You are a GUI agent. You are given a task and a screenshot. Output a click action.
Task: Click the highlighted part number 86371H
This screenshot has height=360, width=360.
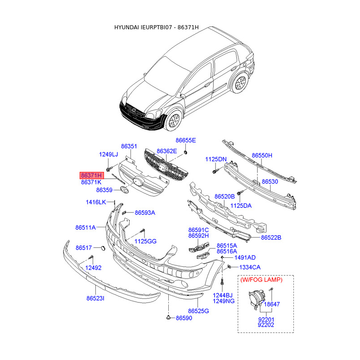click(x=92, y=175)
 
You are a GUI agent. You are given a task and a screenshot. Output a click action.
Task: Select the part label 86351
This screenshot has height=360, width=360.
click(x=129, y=147)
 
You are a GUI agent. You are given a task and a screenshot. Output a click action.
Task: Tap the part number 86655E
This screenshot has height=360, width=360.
click(x=186, y=140)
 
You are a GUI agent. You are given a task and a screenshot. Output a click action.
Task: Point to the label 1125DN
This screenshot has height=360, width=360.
click(x=216, y=159)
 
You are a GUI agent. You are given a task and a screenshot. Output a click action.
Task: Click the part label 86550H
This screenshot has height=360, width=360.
click(x=262, y=156)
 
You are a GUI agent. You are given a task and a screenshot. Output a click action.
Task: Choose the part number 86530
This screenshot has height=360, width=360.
click(x=270, y=181)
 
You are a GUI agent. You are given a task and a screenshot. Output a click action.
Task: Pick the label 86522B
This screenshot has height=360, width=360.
click(x=271, y=237)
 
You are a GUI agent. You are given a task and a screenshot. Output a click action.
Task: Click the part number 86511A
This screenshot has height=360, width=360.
click(x=85, y=228)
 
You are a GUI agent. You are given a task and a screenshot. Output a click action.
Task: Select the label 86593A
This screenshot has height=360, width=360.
click(x=145, y=213)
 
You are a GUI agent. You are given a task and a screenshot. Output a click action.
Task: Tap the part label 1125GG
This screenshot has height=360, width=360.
click(x=145, y=242)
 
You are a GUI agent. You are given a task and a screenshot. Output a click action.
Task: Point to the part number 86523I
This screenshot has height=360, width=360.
click(x=95, y=298)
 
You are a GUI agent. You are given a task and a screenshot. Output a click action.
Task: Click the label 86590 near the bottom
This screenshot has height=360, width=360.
click(x=184, y=318)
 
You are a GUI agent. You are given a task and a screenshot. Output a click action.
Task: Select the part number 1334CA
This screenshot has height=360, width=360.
click(x=250, y=267)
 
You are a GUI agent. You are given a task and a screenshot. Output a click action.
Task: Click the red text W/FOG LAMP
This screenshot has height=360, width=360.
click(x=261, y=280)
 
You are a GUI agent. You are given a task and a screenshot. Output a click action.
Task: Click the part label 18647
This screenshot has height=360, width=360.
click(x=272, y=305)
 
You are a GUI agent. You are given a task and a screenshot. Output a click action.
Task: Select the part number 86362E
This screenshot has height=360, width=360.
click(x=166, y=151)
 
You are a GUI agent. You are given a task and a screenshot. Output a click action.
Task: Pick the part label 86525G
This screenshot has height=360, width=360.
click(x=198, y=311)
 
